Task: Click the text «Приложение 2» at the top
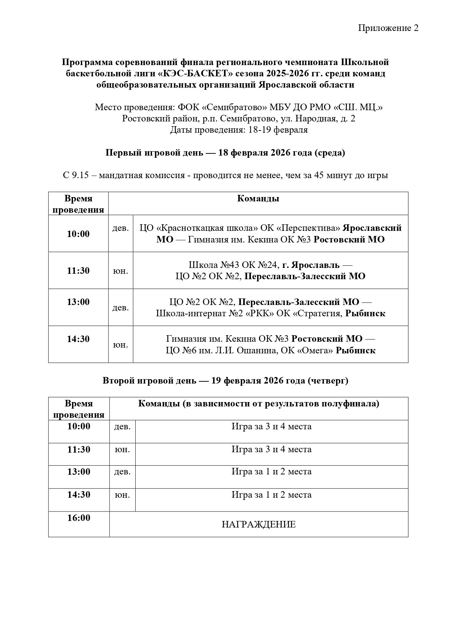388,28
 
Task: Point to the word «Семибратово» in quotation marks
235,107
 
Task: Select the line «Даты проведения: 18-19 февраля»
239,130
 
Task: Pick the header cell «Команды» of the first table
258,198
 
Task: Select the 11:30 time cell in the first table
78,270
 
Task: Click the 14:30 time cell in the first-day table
78,339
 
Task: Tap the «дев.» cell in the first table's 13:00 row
120,308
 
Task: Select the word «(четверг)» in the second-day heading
328,381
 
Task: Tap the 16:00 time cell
79,518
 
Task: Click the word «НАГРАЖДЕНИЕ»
259,525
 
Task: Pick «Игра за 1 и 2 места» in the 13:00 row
271,472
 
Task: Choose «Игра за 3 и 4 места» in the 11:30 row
271,449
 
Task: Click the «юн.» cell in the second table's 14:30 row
122,495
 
